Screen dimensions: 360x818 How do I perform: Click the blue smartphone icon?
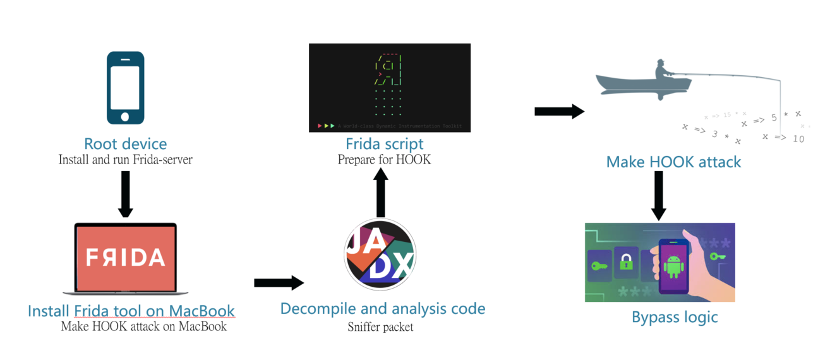125,87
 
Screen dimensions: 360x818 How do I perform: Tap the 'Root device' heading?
125,143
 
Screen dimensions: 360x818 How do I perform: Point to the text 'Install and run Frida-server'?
125,160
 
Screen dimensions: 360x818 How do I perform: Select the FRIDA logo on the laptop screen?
125,258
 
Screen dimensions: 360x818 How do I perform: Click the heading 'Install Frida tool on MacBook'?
131,311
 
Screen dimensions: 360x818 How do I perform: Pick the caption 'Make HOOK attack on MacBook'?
143,327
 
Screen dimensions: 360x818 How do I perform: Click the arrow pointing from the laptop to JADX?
279,282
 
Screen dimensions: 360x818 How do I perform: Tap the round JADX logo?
380,255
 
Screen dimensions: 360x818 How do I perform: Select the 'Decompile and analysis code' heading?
383,309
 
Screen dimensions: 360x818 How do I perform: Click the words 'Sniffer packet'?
381,327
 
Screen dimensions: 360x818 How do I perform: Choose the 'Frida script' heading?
384,143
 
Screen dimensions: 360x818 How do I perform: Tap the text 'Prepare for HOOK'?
384,160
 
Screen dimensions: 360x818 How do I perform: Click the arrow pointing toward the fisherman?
558,112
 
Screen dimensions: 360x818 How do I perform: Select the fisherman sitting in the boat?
665,72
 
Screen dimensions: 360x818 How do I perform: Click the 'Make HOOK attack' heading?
673,162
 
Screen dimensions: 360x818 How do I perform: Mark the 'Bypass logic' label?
675,316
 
